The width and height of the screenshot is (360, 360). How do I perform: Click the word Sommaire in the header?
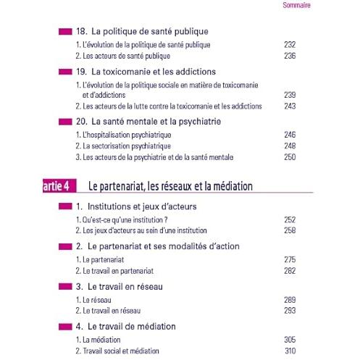tap(296, 5)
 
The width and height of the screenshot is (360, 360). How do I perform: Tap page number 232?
tap(290, 45)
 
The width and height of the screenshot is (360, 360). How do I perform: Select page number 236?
tap(290, 56)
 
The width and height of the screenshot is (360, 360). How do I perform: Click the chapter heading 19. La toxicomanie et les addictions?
tap(146, 72)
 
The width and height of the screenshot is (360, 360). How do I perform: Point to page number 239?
tap(290, 95)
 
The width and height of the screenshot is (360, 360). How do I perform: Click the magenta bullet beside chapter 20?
tap(65, 122)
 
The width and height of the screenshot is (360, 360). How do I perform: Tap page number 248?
tap(290, 146)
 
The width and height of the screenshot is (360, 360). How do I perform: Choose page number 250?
tap(290, 157)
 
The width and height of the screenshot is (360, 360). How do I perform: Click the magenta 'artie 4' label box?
tap(59, 185)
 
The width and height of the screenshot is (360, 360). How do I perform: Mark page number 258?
tap(290, 230)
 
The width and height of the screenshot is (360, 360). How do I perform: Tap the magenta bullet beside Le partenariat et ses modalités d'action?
tap(65, 246)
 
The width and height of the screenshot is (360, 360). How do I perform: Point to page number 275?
tap(290, 259)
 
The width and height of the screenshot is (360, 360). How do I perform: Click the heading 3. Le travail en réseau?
tap(120, 287)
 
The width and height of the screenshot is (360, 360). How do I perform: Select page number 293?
tap(290, 311)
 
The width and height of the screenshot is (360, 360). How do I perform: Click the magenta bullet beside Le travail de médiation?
tap(65, 327)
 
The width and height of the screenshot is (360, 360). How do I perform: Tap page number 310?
tap(290, 351)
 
